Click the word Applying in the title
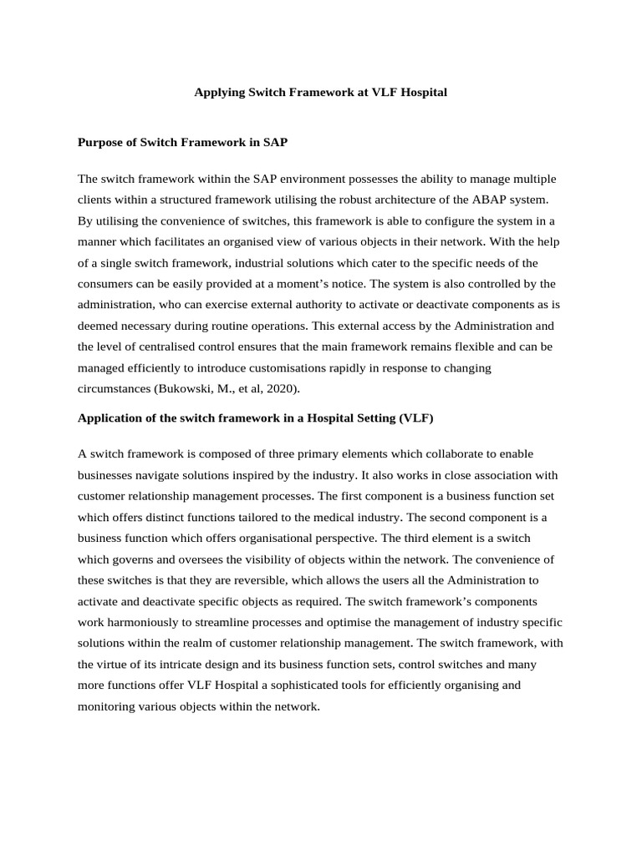219,93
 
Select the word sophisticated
258,685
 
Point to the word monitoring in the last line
107,706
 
